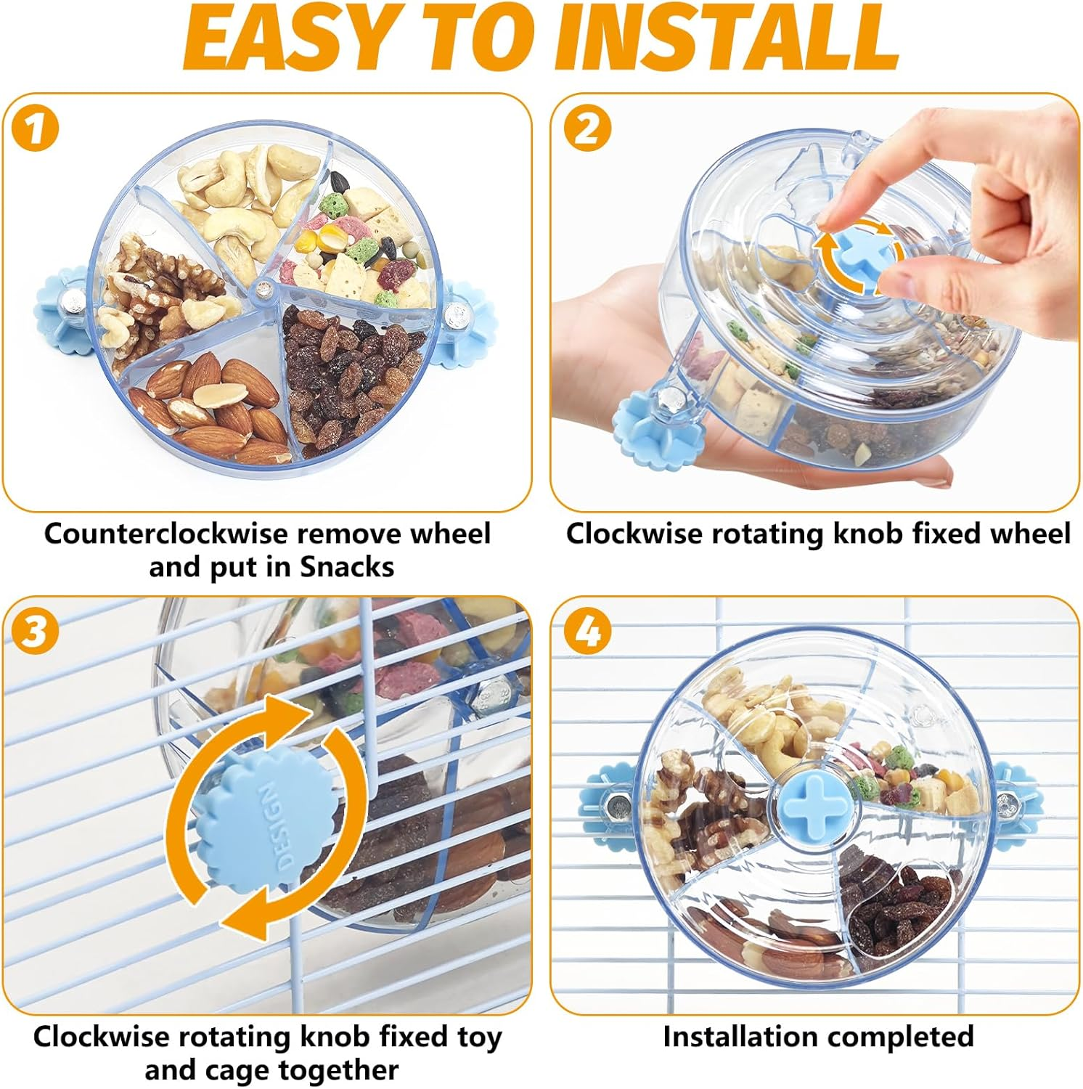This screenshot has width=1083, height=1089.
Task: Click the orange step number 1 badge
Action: click(34, 129)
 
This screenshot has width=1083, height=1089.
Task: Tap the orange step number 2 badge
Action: click(587, 129)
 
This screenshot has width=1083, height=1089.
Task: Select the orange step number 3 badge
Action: click(35, 631)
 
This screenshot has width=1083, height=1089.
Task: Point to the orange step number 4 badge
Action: click(587, 631)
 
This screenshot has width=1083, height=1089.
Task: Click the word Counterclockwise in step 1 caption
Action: click(166, 534)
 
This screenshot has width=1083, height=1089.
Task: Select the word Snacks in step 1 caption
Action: click(347, 567)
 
